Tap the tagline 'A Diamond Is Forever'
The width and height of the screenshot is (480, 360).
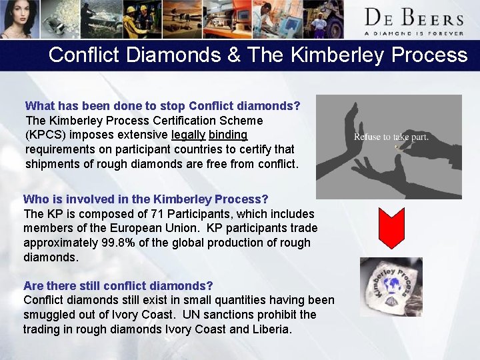coord(413,32)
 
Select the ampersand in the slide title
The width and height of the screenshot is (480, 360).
coord(233,55)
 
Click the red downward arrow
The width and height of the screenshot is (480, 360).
coord(391,227)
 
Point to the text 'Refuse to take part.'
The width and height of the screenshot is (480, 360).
coord(391,137)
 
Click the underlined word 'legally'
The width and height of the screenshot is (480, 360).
coord(188,135)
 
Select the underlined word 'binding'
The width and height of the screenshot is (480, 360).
coord(228,135)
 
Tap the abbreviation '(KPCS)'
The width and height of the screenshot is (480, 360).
coord(45,135)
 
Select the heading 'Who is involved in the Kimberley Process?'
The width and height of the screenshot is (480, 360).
coord(145,199)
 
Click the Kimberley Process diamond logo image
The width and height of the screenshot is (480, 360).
coord(391,287)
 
